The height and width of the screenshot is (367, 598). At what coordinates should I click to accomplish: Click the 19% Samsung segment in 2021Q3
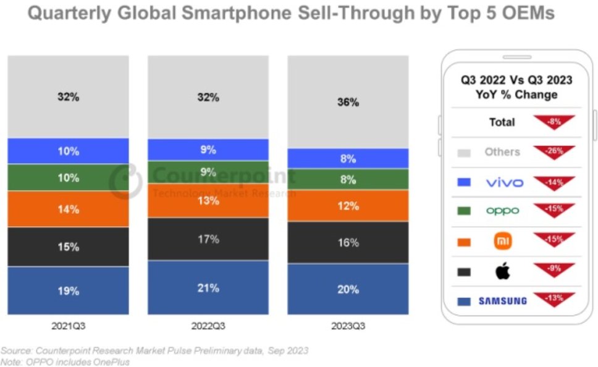coord(68,290)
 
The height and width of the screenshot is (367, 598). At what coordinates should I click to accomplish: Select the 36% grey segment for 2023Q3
coord(348,102)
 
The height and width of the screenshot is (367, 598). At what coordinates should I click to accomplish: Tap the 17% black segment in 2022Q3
coord(208,238)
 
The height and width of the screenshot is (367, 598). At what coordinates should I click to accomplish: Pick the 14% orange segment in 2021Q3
coord(68,209)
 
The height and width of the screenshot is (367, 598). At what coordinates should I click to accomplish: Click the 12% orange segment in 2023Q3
coord(348,205)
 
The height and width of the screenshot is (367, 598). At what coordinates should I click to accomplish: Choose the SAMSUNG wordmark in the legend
coord(502,301)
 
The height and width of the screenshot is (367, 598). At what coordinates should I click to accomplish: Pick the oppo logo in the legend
coord(502,211)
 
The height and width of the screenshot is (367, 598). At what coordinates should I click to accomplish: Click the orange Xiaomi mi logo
coord(501,242)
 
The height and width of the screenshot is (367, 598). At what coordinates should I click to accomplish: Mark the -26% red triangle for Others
coord(554,151)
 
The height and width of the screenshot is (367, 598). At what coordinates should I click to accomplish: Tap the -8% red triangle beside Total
coord(554,122)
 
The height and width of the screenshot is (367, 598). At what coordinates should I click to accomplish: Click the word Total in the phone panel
coord(502,122)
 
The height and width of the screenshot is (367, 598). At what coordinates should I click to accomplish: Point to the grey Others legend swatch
coord(464,153)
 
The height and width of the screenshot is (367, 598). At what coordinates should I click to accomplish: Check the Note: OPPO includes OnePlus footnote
coord(65,362)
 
